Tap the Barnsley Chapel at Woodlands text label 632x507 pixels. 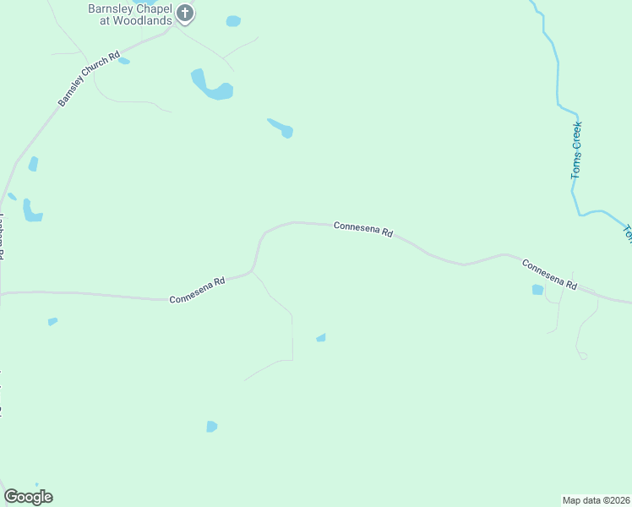[x=131, y=14]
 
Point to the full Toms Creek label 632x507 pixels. [x=577, y=150]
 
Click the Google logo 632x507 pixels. [x=28, y=497]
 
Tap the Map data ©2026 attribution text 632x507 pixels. [x=596, y=499]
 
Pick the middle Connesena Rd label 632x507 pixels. [x=363, y=229]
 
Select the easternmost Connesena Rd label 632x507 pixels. [x=549, y=275]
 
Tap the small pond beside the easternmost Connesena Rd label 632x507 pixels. [x=537, y=290]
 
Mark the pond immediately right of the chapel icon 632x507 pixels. [x=233, y=21]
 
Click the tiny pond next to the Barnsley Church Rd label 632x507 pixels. [x=124, y=61]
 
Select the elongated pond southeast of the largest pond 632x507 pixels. [x=281, y=128]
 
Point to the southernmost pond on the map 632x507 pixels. [x=211, y=427]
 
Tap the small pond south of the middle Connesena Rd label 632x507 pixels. [x=321, y=338]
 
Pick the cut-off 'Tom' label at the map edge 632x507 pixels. [x=627, y=233]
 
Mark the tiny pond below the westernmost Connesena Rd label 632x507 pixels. [x=52, y=321]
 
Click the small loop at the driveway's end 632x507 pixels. [x=583, y=357]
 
